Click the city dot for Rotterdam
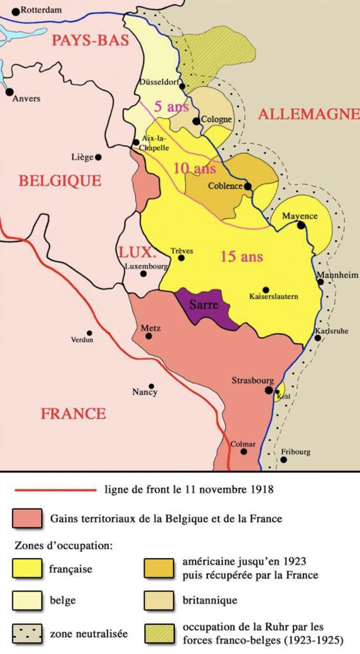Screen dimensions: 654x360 [x=16, y=12]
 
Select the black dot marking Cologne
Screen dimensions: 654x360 [x=196, y=121]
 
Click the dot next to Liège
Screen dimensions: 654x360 [x=98, y=157]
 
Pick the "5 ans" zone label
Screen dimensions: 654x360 [x=171, y=107]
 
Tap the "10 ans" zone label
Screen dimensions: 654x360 [x=194, y=168]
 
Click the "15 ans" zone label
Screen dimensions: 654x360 [x=241, y=257]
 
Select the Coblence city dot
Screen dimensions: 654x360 [x=247, y=186]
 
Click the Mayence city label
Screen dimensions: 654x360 [x=300, y=216]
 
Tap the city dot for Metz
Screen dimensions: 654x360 [x=148, y=336]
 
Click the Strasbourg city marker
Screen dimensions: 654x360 [x=269, y=390]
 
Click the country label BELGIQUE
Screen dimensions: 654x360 [x=60, y=180]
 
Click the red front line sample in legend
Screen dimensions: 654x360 [x=55, y=490]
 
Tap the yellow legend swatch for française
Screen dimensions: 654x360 [x=27, y=569]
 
